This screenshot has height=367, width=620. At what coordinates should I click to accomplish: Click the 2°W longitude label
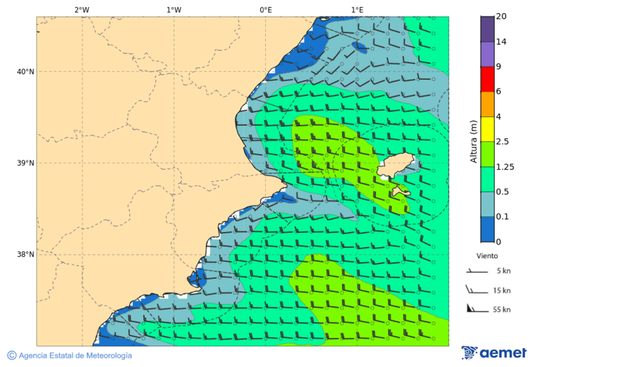81,10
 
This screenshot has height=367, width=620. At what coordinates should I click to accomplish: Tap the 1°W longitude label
174,10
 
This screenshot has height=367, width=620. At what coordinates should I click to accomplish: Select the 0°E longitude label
265,10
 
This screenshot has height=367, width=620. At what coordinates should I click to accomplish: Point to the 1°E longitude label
357,10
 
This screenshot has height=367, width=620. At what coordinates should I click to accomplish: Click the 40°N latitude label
25,72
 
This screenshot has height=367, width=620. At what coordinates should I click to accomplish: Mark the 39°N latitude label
25,163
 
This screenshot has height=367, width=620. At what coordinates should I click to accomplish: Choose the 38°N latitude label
25,255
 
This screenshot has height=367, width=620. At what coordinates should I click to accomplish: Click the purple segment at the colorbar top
487,29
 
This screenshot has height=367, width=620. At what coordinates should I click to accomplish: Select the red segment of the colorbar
487,78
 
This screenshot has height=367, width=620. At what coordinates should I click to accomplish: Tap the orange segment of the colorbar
487,104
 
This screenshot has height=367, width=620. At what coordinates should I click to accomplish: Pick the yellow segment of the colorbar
487,129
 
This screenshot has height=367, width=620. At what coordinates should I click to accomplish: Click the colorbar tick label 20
502,17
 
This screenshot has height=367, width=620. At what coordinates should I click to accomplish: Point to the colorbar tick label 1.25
505,167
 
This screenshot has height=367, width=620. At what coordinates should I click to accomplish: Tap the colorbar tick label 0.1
502,217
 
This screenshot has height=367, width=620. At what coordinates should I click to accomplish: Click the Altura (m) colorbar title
473,141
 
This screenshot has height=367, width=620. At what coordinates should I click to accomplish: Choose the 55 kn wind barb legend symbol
476,308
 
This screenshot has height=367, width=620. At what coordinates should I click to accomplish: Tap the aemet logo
494,353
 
